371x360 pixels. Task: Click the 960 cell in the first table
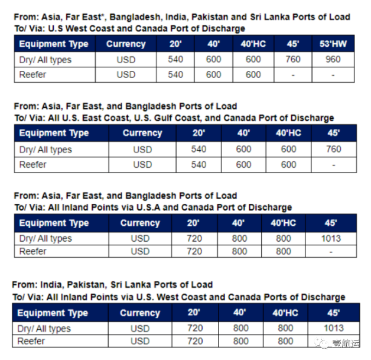(333, 59)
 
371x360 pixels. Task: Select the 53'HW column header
(333, 44)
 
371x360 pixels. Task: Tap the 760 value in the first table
(292, 59)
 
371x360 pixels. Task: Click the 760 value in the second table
(333, 150)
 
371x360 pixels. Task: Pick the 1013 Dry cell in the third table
(331, 239)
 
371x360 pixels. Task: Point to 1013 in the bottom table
(334, 329)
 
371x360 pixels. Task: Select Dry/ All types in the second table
(45, 150)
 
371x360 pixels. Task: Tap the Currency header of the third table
(140, 223)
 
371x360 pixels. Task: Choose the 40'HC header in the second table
(288, 133)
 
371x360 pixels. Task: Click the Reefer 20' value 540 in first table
(175, 74)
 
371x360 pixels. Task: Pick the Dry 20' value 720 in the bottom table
(194, 329)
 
